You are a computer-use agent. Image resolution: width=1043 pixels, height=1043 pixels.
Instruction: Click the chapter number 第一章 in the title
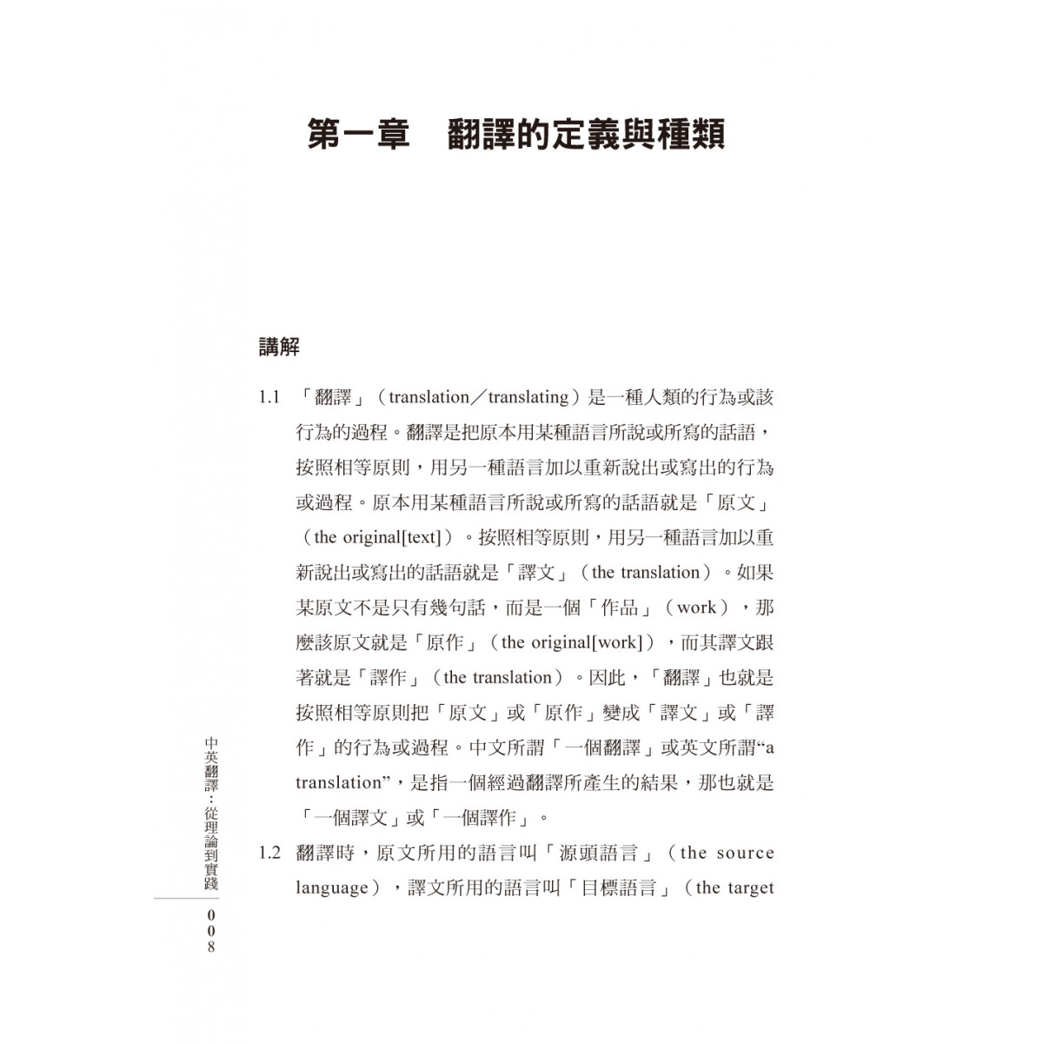click(x=359, y=136)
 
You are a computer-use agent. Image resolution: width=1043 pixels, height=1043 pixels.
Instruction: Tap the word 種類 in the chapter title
click(x=691, y=136)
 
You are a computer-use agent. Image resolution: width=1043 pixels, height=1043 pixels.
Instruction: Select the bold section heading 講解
click(x=279, y=348)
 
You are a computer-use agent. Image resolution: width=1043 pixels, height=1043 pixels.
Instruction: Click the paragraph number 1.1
click(x=269, y=398)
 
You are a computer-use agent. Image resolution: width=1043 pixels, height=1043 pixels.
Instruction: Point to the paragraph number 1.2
click(x=269, y=853)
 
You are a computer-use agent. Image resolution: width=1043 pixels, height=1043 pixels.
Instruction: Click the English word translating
click(x=528, y=398)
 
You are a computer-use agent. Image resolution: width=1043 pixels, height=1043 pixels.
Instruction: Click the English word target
click(x=748, y=888)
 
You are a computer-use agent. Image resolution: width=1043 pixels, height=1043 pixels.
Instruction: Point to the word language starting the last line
click(x=332, y=888)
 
